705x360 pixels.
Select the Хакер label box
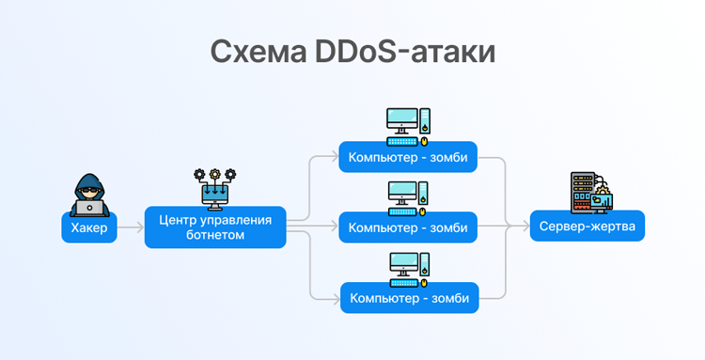pyautogui.click(x=89, y=227)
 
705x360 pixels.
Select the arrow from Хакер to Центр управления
pyautogui.click(x=131, y=227)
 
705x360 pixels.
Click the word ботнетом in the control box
pyautogui.click(x=215, y=236)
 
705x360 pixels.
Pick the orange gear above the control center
pyautogui.click(x=215, y=174)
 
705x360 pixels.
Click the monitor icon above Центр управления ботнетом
pyautogui.click(x=215, y=195)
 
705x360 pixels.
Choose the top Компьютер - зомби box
pyautogui.click(x=408, y=157)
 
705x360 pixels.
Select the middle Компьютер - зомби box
pyautogui.click(x=408, y=227)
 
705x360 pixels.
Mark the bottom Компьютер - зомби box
pyautogui.click(x=408, y=298)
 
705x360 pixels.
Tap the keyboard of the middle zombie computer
pyautogui.click(x=402, y=212)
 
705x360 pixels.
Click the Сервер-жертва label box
pyautogui.click(x=587, y=227)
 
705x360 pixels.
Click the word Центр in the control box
pyautogui.click(x=180, y=220)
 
